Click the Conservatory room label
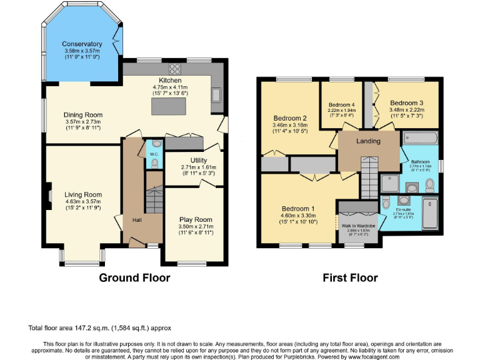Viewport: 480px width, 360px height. coord(82,44)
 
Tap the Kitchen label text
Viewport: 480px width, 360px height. coord(170,81)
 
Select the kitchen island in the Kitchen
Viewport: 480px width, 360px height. coord(171,107)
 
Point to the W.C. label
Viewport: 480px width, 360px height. coord(154,164)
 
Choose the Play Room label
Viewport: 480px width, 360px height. coord(196,219)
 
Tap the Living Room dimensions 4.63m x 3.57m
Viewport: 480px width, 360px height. coord(83,202)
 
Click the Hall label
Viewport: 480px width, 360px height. coord(137,220)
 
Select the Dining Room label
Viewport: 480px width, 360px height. coord(83,115)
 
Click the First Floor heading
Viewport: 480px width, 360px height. coord(350,277)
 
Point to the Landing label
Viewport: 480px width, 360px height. coord(368,141)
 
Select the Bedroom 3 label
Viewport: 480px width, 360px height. coord(407,102)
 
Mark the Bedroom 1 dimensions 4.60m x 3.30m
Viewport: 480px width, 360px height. coord(300,216)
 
